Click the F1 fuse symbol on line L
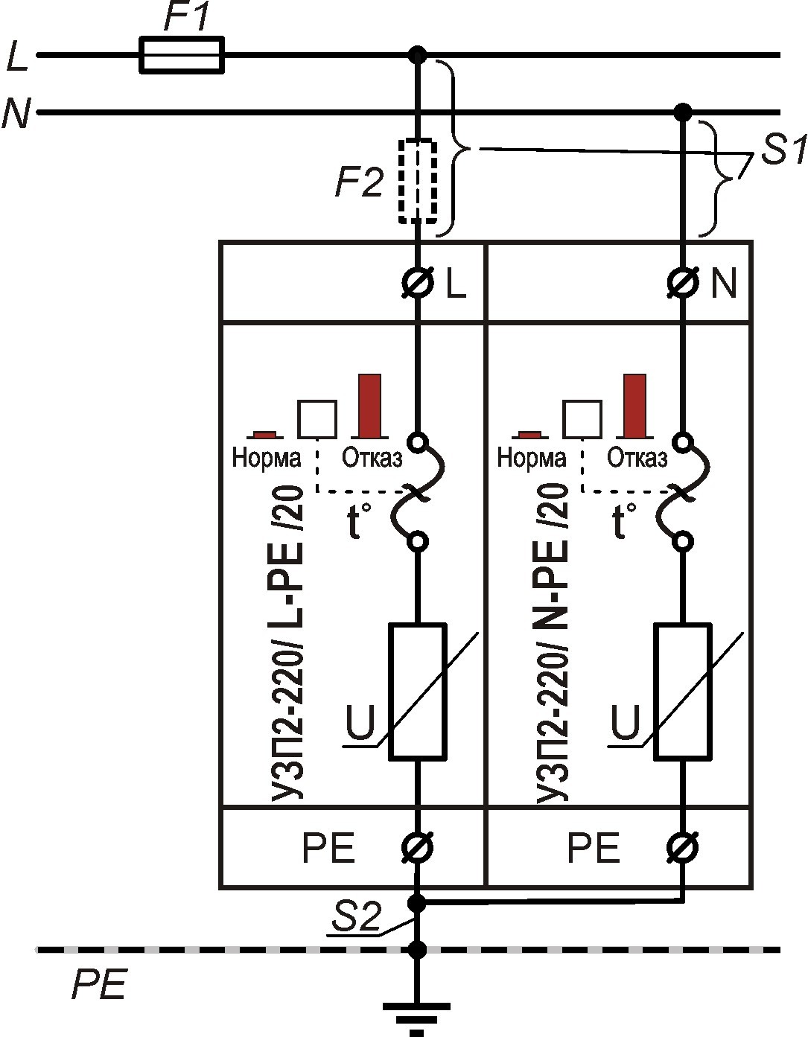181,54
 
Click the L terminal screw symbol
419,284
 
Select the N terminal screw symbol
683,284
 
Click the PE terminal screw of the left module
419,846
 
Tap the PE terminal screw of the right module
683,846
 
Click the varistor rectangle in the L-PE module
419,692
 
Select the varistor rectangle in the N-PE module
681,692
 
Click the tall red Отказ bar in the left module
369,406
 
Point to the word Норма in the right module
531,456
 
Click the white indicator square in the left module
317,419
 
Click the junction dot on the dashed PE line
418,950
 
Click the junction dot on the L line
419,54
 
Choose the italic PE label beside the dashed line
100,985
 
